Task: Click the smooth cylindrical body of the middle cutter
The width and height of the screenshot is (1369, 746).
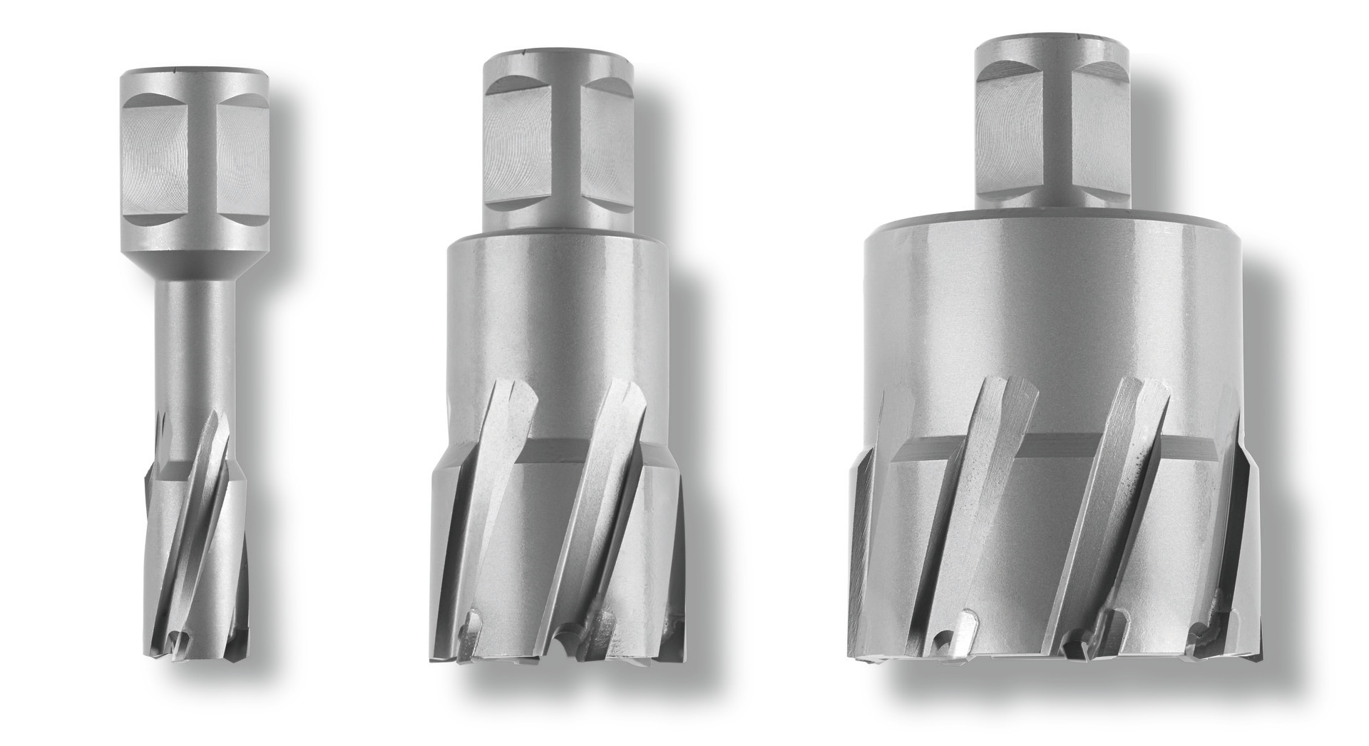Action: [x=556, y=314]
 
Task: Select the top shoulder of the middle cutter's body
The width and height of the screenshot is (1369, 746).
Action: [x=556, y=240]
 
